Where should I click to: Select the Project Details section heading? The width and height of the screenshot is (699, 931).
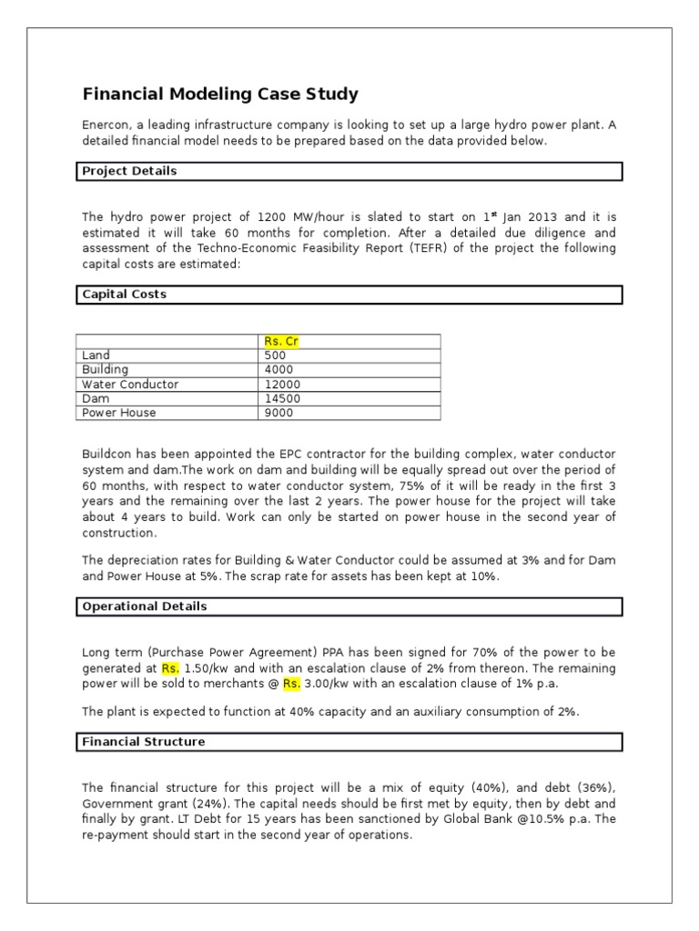pyautogui.click(x=129, y=171)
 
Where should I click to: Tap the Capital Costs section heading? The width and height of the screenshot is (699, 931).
pyautogui.click(x=124, y=295)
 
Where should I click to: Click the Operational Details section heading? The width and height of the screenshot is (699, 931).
pyautogui.click(x=144, y=606)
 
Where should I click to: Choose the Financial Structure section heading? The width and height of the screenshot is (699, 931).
pyautogui.click(x=143, y=742)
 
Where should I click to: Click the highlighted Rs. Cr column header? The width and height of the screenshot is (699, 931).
pyautogui.click(x=281, y=341)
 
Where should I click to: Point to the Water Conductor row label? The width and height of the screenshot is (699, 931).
pyautogui.click(x=129, y=385)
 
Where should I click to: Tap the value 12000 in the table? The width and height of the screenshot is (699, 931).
pyautogui.click(x=281, y=385)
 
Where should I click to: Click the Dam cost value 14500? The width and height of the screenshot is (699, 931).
pyautogui.click(x=281, y=398)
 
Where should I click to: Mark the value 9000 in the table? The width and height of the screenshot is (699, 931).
pyautogui.click(x=278, y=413)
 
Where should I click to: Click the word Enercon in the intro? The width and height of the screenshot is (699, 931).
pyautogui.click(x=106, y=125)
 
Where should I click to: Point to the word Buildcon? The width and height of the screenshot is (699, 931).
pyautogui.click(x=108, y=453)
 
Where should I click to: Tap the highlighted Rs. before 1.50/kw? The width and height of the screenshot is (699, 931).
pyautogui.click(x=170, y=668)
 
